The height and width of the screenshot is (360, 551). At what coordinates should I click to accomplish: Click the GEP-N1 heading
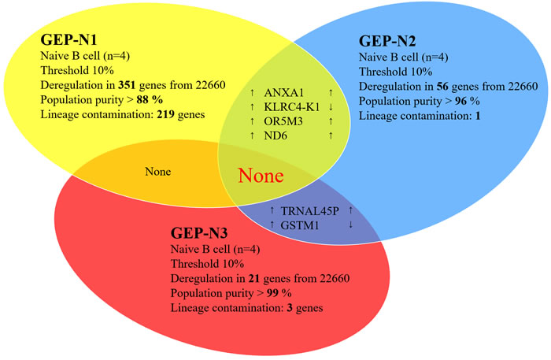[68, 39]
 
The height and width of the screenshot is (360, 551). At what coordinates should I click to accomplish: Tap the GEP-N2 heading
[387, 41]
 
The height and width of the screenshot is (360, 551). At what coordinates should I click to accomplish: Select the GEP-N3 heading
[199, 232]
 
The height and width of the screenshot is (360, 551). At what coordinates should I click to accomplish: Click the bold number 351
[127, 85]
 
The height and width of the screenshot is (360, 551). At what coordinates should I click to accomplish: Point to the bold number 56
[442, 86]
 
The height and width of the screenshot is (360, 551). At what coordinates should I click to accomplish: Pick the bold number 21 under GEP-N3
[254, 278]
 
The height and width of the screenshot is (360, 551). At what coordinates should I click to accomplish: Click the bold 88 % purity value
[150, 100]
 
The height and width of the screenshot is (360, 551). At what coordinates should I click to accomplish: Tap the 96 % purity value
[468, 101]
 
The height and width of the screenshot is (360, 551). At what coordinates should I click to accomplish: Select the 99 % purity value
[279, 293]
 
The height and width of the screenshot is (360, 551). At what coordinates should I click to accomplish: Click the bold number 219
[166, 114]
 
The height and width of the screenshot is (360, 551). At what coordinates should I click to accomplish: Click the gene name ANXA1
[283, 92]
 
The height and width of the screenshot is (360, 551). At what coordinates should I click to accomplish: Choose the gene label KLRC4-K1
[292, 107]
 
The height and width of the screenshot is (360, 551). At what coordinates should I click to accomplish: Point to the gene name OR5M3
[283, 121]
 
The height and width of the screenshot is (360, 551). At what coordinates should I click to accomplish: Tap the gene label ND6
[275, 135]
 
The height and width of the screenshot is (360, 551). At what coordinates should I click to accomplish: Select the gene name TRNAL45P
[310, 211]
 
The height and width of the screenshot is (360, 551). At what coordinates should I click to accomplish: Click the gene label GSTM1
[300, 225]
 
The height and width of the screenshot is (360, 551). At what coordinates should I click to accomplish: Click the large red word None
[261, 176]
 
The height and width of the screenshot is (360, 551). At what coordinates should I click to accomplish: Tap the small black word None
[158, 172]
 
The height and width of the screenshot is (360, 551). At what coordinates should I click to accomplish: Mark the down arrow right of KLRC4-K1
[331, 107]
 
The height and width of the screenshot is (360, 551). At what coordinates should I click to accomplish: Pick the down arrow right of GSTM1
[351, 225]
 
